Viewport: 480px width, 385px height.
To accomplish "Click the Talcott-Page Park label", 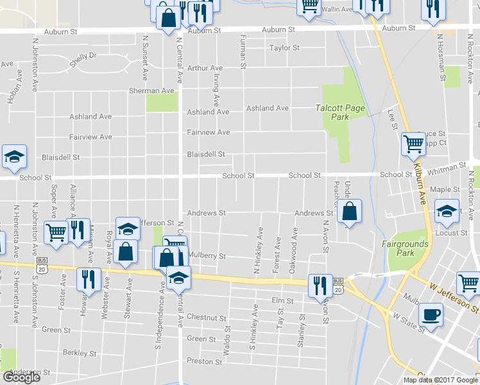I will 340,112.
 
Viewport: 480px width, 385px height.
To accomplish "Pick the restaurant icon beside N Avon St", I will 320,285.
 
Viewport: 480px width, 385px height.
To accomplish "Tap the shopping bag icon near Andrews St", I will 349,211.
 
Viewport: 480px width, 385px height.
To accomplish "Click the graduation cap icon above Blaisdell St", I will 14,157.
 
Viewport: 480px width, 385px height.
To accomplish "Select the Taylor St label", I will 284,48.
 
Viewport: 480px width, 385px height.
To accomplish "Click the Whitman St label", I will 447,167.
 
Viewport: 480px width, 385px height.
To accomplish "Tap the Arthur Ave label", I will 205,68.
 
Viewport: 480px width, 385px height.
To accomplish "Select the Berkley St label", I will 80,353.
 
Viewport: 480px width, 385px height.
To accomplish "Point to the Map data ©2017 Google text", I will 440,379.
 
